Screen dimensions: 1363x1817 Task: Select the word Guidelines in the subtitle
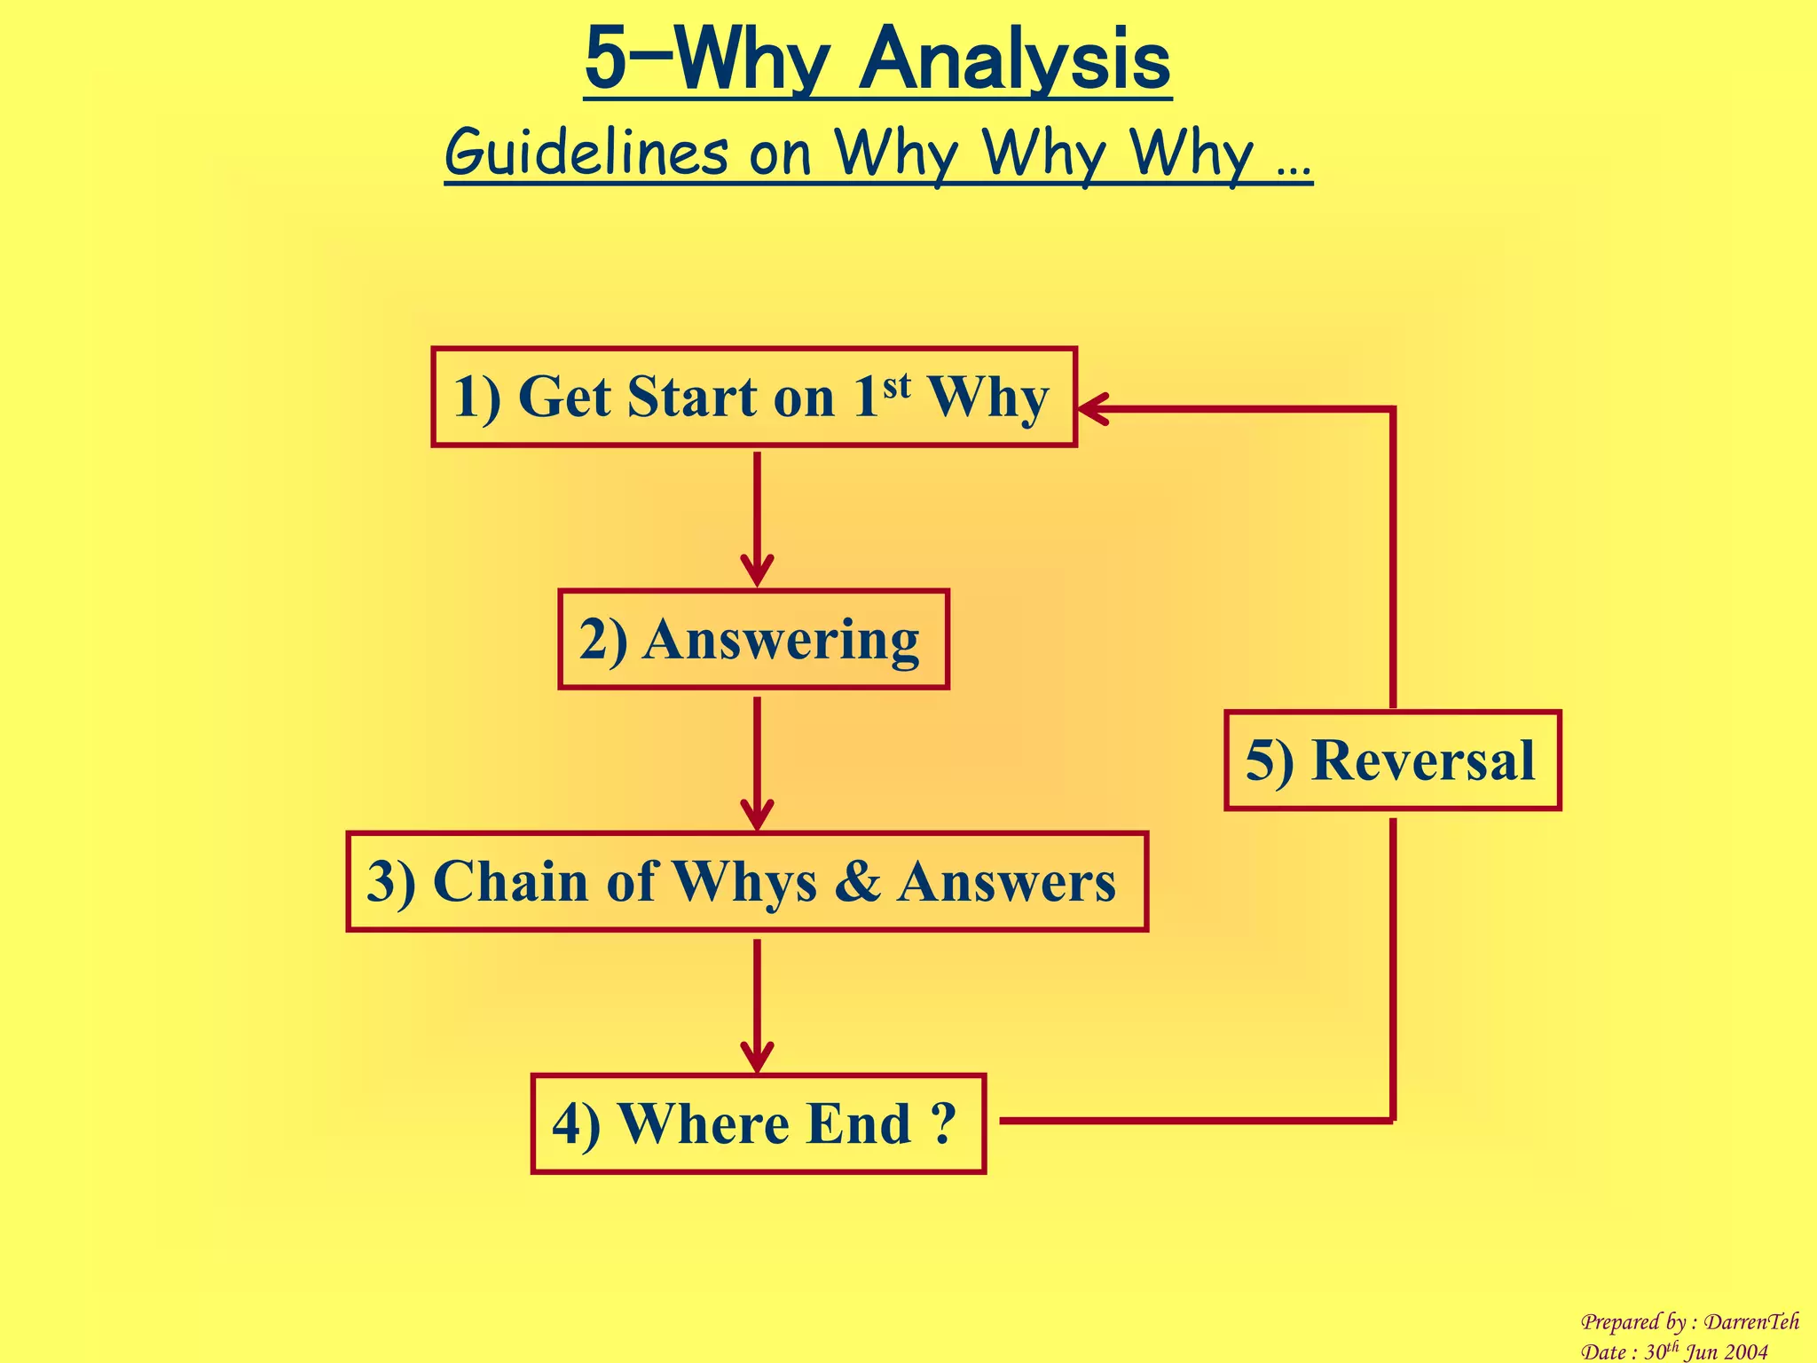click(586, 153)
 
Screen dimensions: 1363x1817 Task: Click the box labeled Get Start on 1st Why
click(753, 397)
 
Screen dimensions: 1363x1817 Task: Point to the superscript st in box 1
click(896, 385)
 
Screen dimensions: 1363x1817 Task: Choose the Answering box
click(753, 639)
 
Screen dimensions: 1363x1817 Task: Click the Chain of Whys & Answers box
click(747, 881)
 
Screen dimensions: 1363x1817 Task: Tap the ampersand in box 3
click(857, 882)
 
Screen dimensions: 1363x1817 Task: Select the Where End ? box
click(758, 1123)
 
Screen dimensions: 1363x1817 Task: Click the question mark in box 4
click(944, 1123)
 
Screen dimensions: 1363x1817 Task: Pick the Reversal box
click(1391, 760)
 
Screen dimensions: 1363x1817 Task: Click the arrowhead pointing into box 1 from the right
click(1093, 409)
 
